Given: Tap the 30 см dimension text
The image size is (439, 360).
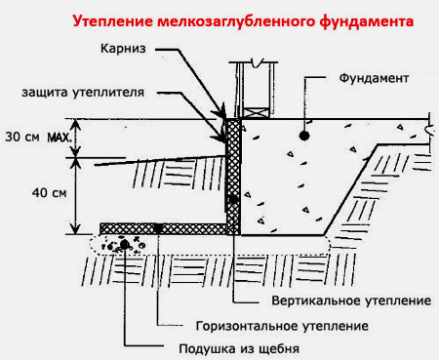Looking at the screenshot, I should coord(20,138).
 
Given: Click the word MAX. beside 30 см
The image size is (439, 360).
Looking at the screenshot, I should coord(59,138).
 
